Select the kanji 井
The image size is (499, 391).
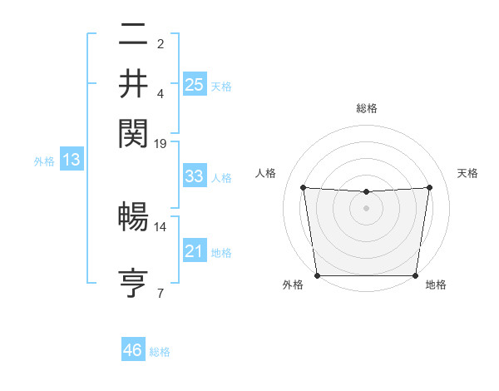pos(133,83)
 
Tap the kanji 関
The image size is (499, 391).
pos(133,131)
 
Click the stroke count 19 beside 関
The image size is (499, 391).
pos(161,143)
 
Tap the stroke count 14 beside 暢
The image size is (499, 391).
pos(161,226)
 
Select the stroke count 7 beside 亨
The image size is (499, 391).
pos(161,293)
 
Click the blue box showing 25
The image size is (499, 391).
pos(194,85)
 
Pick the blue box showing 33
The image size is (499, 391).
pos(194,176)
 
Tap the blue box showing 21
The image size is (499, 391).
pos(194,251)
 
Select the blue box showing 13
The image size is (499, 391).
pos(71,160)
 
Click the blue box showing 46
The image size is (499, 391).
pos(133,350)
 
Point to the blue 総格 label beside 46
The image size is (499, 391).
pos(160,352)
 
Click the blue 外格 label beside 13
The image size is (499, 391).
pos(44,161)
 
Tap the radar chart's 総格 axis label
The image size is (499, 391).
pos(367,108)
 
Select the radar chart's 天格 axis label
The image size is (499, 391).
pos(467,173)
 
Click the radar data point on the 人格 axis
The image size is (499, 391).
pos(303,187)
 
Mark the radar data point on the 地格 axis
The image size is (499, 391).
pos(416,275)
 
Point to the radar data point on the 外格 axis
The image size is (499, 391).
pos(317,275)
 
